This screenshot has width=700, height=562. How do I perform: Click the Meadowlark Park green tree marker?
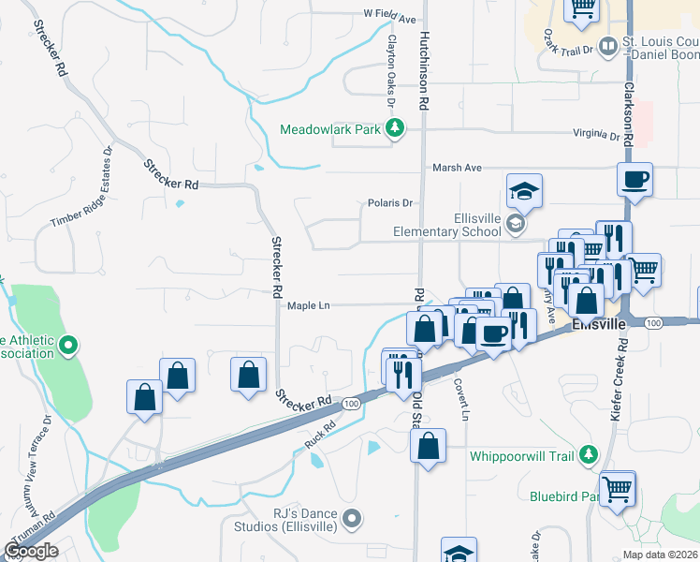point(395,129)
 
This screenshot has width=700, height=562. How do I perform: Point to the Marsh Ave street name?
point(457,168)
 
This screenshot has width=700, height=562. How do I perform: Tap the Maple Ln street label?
point(309,305)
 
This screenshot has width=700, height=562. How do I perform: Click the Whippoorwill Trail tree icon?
point(588,455)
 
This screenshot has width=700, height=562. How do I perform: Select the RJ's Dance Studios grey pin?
point(352,517)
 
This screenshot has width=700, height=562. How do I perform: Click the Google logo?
point(32,551)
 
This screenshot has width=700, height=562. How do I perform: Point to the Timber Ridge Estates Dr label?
point(81,186)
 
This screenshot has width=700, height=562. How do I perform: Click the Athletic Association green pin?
point(67,347)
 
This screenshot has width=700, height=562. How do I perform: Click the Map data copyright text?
point(660,555)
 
